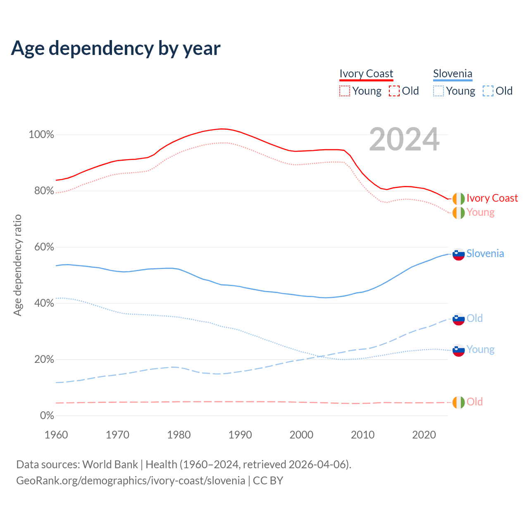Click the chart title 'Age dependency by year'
click(116, 48)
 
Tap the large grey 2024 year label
click(404, 139)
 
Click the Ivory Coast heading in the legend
click(366, 74)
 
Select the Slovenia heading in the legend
click(453, 74)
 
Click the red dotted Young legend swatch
click(345, 91)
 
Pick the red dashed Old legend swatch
click(394, 91)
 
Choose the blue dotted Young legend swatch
click(438, 91)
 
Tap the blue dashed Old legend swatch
click(488, 91)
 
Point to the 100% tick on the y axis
click(41, 135)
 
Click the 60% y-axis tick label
click(44, 247)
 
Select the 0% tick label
click(47, 416)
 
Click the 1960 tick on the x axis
click(56, 435)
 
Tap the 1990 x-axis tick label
click(240, 435)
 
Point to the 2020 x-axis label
click(424, 435)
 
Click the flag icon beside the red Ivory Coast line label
click(459, 199)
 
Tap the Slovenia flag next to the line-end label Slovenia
click(459, 254)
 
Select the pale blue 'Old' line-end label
click(474, 318)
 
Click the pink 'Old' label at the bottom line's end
click(474, 402)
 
